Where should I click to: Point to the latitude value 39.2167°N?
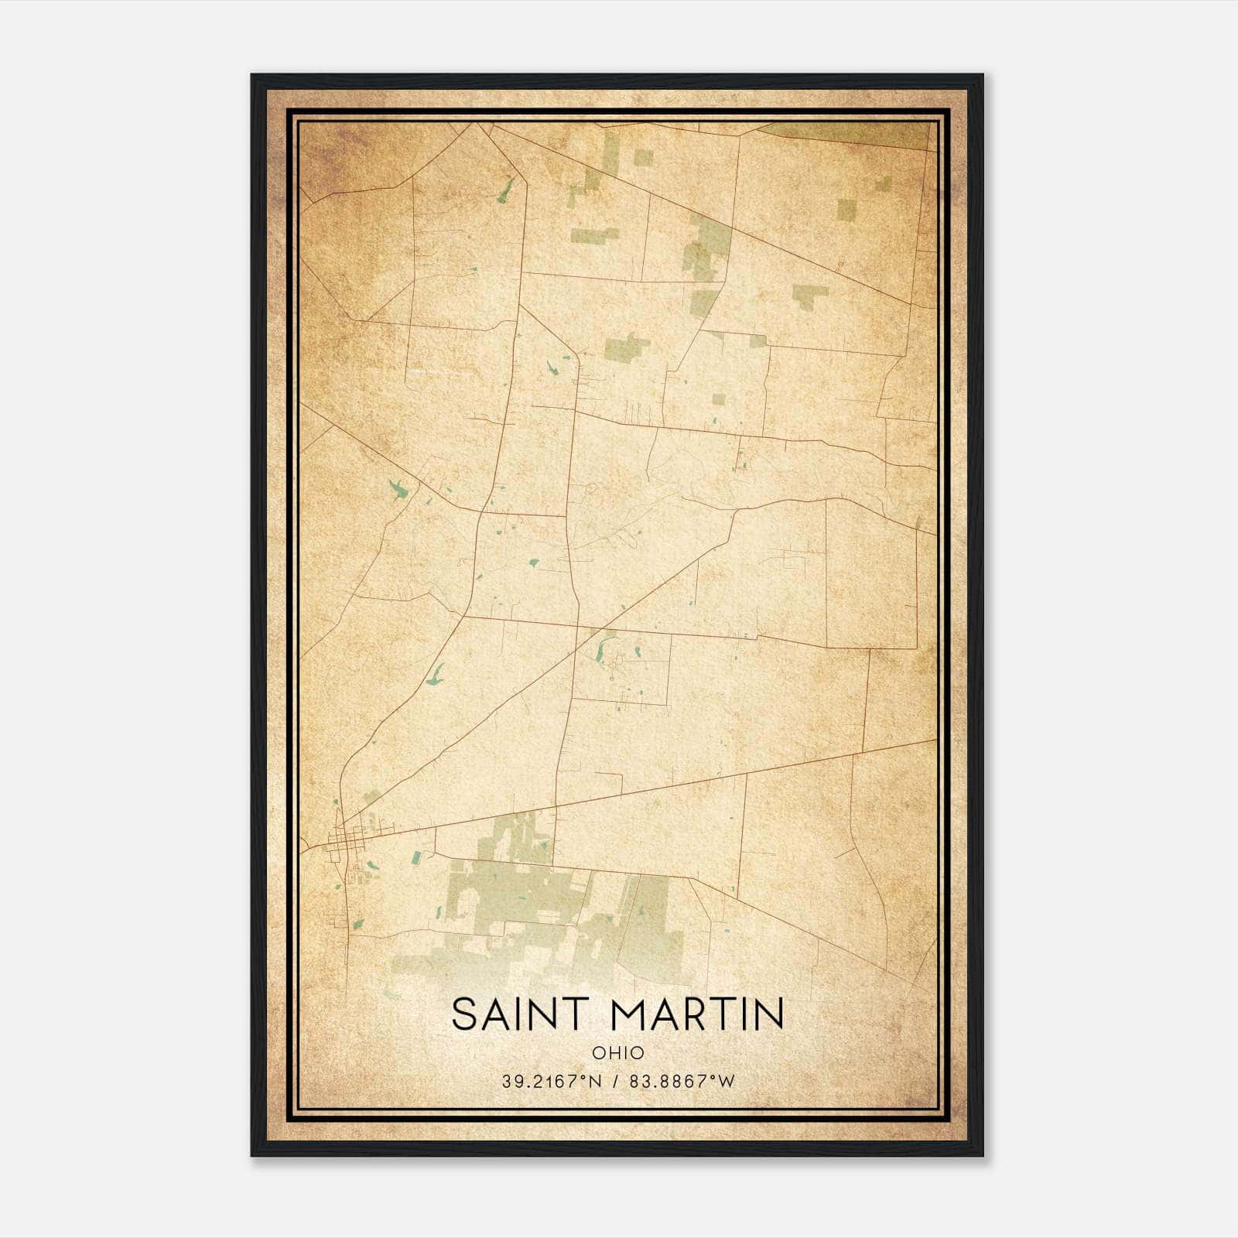[551, 1082]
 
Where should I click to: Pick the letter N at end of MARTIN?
[771, 1014]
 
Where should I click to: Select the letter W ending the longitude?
[727, 1082]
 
